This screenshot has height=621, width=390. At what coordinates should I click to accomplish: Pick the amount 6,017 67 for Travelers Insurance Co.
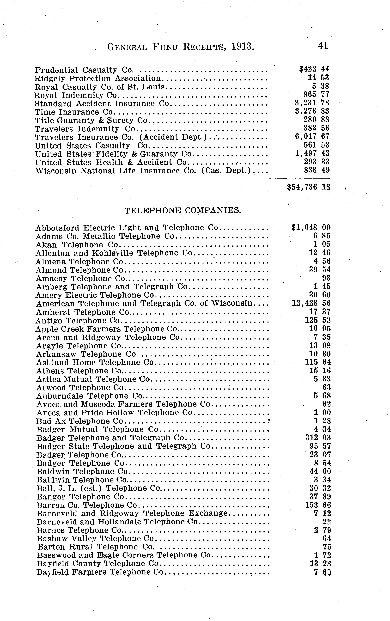coord(312,136)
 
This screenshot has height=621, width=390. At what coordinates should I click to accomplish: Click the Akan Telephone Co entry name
coord(77,244)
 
